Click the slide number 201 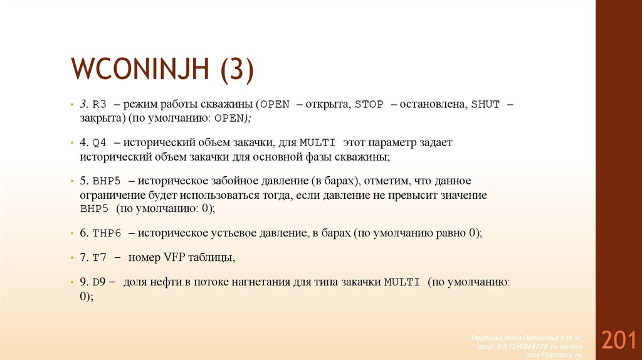[619, 340]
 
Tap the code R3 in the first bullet [100, 105]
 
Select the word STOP [369, 105]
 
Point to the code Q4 [100, 143]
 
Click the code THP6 [106, 233]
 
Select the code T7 [100, 258]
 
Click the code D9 [100, 282]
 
